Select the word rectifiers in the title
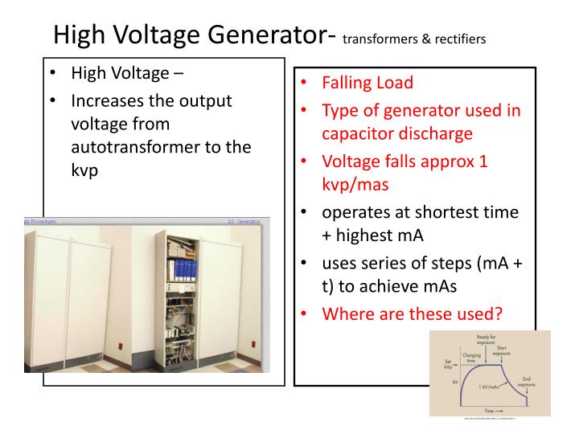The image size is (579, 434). click(457, 39)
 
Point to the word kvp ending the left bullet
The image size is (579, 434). click(86, 171)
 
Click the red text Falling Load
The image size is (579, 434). click(368, 83)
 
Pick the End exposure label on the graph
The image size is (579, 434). click(527, 379)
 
